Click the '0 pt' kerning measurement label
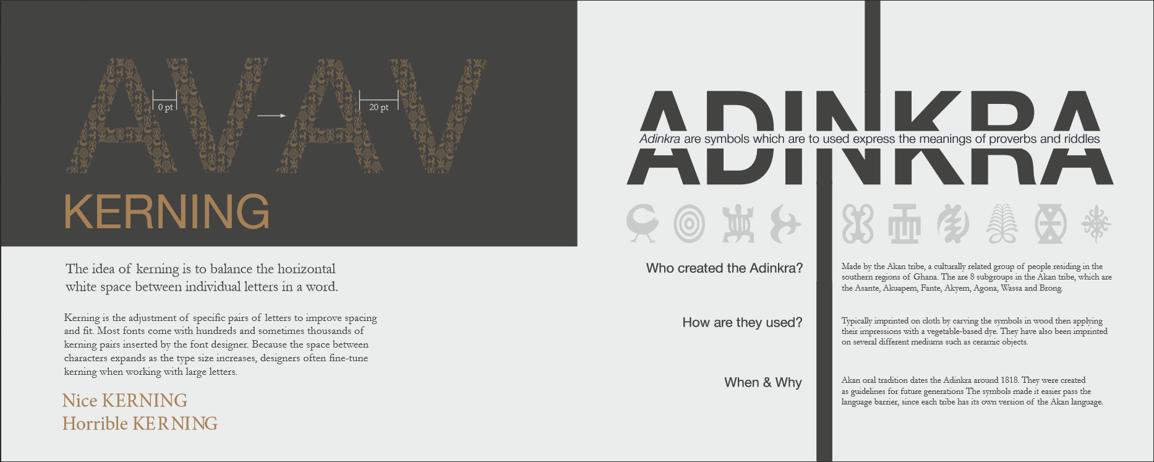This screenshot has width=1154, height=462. pos(165,108)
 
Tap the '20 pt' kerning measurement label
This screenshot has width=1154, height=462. pos(379,108)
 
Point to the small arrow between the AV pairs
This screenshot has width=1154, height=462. pos(271,116)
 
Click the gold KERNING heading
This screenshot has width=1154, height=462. pos(166,212)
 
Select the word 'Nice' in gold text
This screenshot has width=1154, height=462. pos(80,401)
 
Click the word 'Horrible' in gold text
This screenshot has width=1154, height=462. pos(95,424)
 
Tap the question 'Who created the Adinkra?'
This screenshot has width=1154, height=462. pos(724,268)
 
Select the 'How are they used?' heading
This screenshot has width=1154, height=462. pos(742,323)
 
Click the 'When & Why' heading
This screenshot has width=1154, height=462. pos(763,383)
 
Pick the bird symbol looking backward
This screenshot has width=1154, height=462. pos(643,223)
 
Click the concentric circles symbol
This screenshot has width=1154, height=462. pos(689,223)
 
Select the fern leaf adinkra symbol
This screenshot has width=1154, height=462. pos(1002,223)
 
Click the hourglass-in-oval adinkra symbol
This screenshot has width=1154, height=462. pos(1051,223)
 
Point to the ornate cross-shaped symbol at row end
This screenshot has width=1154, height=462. pos(1096,223)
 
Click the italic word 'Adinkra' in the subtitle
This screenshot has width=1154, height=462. pos(660,139)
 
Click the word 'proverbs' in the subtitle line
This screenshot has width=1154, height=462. pos(1012,139)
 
